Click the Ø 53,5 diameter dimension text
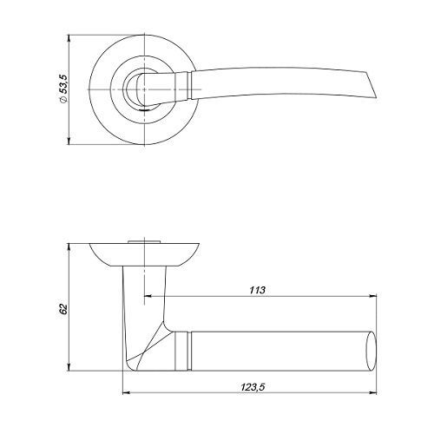[x=63, y=89]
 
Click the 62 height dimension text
[x=63, y=309]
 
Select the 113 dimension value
[x=257, y=290]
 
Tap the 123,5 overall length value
[x=253, y=387]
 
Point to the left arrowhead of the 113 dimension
[x=148, y=296]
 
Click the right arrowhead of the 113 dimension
[x=373, y=296]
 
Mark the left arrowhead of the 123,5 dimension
[x=127, y=393]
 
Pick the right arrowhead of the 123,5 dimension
[x=373, y=393]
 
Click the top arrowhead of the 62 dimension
[x=69, y=247]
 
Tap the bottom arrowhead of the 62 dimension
[x=69, y=367]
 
